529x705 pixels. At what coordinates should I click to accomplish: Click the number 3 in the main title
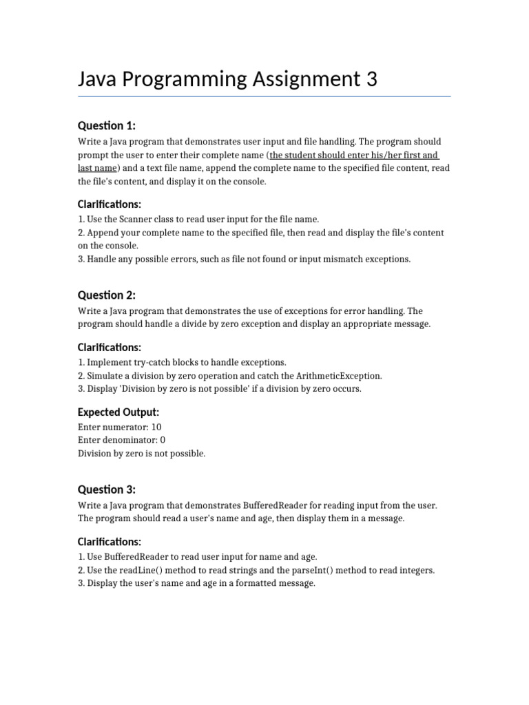click(371, 79)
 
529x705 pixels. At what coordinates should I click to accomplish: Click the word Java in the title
click(99, 79)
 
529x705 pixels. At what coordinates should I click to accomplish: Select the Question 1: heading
click(106, 125)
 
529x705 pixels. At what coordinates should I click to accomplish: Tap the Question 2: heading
click(106, 295)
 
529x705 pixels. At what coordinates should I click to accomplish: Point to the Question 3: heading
click(106, 490)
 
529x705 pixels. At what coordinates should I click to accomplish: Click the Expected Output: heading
click(118, 412)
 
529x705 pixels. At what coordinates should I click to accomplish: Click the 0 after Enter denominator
click(163, 440)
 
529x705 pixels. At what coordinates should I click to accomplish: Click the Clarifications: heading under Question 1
click(110, 204)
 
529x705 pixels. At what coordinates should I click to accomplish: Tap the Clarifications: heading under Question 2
click(110, 348)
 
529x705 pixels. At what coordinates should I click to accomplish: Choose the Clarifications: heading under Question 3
click(110, 542)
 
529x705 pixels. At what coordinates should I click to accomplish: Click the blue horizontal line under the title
click(264, 96)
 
